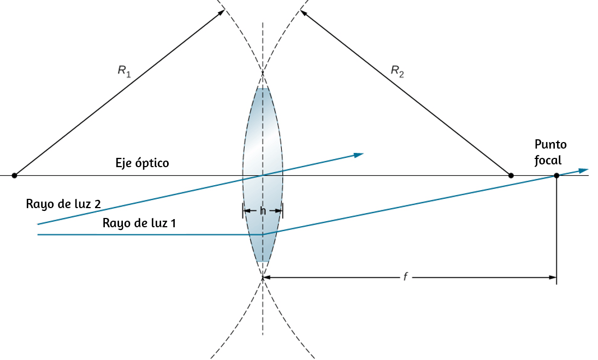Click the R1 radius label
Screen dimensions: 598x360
click(x=125, y=72)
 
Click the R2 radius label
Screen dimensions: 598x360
click(x=398, y=72)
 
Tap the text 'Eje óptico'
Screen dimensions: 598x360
click(x=142, y=163)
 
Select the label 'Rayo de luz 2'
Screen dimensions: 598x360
click(x=63, y=204)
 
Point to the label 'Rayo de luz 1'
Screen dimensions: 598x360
click(x=139, y=223)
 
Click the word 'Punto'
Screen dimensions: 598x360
click(x=550, y=145)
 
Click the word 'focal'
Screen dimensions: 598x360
click(x=548, y=160)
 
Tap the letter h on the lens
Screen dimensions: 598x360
click(x=263, y=210)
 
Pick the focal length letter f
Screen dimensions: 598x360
click(x=405, y=276)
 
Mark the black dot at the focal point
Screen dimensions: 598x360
click(x=556, y=175)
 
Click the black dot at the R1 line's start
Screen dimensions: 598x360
click(x=15, y=175)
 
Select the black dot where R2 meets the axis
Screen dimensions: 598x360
click(x=511, y=175)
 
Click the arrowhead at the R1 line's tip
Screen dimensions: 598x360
click(x=221, y=13)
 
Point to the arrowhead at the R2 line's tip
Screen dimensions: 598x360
click(x=304, y=13)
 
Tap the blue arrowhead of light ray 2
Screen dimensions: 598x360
click(x=359, y=155)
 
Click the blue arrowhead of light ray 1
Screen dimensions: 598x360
click(x=583, y=170)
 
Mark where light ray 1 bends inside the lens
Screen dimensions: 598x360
click(x=263, y=234)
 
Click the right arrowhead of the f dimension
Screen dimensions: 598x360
click(x=552, y=278)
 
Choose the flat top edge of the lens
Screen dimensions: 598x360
click(x=263, y=88)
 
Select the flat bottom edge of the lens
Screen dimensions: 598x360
click(x=263, y=261)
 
